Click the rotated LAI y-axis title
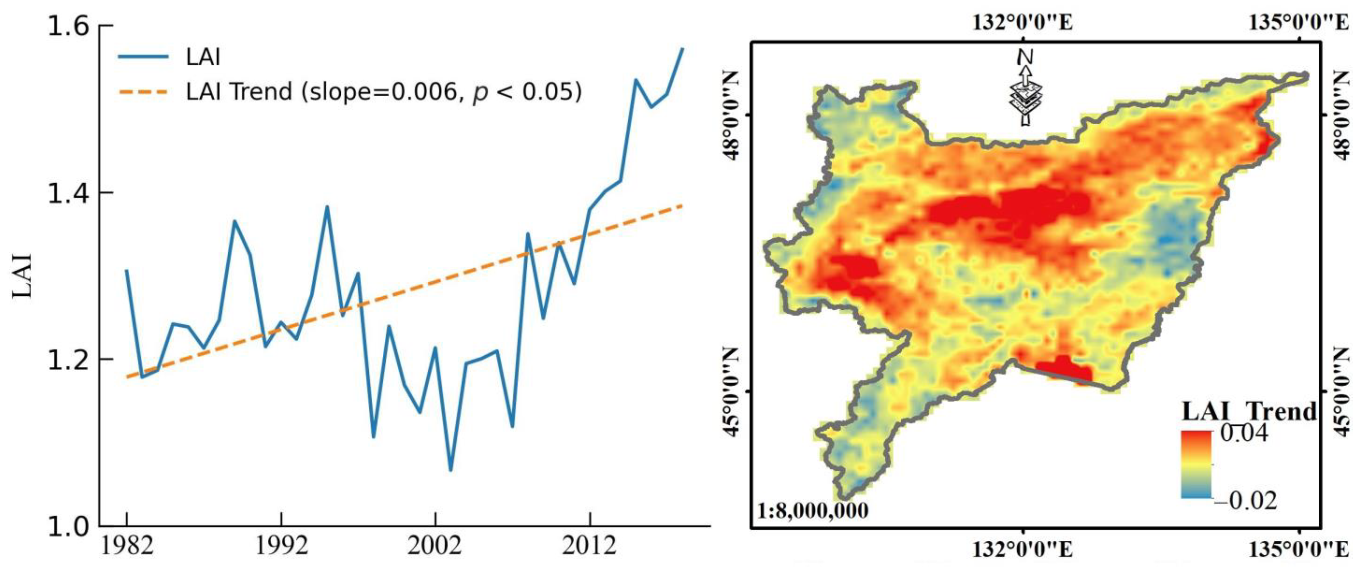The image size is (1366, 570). coord(23,276)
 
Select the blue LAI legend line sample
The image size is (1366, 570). coord(143,57)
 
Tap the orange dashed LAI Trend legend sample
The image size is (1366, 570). coord(143,92)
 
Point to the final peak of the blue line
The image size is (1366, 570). coord(682,49)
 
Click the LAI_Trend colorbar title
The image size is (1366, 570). coord(1249,411)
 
